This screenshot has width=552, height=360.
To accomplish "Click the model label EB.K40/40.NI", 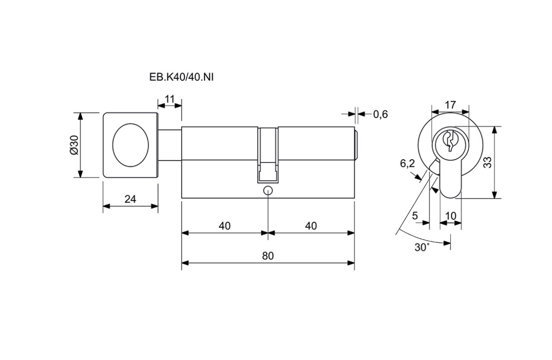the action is (x=181, y=77).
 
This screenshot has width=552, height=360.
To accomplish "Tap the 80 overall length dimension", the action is (x=268, y=256).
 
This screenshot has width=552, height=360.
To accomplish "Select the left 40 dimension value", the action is (x=224, y=226).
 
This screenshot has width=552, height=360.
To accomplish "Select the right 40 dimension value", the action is (x=311, y=226).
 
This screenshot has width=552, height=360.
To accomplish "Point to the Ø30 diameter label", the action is (x=74, y=145).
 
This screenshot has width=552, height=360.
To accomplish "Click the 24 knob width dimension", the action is (x=130, y=199).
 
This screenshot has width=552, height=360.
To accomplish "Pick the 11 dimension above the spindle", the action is (x=170, y=99).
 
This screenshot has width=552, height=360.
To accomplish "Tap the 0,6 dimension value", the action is (x=380, y=115).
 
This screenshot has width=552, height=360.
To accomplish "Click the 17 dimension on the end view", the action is (x=450, y=105).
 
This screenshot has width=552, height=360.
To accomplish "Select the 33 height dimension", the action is (x=488, y=163).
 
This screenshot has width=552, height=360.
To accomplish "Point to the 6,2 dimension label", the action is (x=408, y=163).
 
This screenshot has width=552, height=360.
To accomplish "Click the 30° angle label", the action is (x=422, y=247).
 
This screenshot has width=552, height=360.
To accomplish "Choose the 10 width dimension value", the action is (x=451, y=216).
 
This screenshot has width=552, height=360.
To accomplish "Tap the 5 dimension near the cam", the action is (x=415, y=216).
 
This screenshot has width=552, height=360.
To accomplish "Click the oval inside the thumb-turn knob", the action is (x=131, y=145).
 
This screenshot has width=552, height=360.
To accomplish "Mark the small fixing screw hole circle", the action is (x=268, y=191).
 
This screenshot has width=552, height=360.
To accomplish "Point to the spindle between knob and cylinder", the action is (x=170, y=145).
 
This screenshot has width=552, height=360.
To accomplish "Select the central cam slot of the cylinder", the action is (x=268, y=155).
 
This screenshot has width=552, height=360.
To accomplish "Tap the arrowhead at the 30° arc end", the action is (x=447, y=243).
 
